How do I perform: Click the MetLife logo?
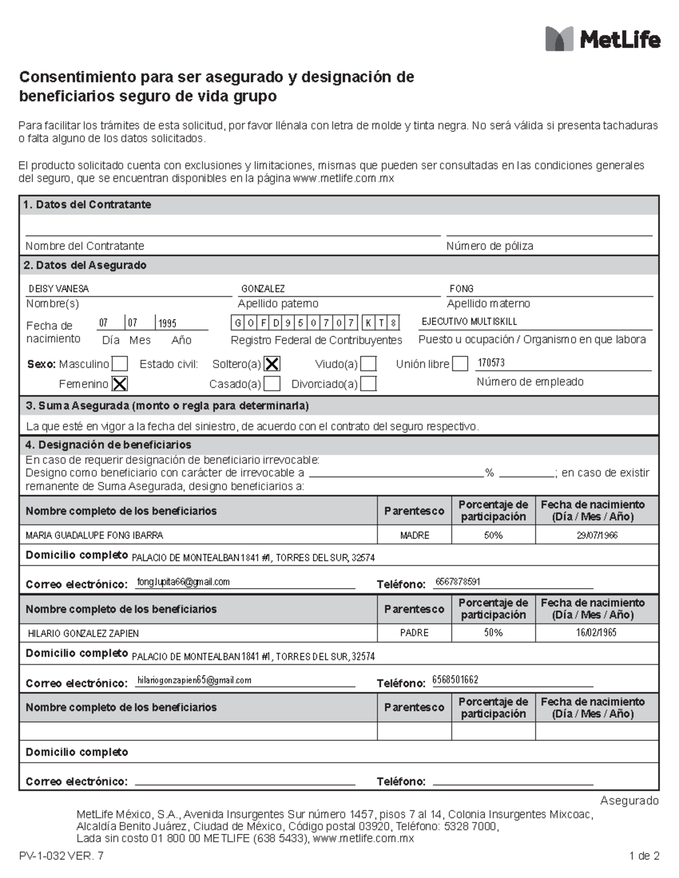coord(602,39)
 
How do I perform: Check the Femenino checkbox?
coord(119,384)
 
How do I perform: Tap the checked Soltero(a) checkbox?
coord(272,364)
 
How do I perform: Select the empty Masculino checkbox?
coord(119,364)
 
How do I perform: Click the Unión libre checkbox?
coord(460,364)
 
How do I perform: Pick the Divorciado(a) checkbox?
coord(368,384)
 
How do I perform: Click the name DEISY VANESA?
coord(59,289)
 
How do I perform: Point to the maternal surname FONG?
coord(461,289)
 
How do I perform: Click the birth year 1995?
coord(167,323)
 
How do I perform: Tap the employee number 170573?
coord(491,363)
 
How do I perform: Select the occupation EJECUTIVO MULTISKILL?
coord(469,322)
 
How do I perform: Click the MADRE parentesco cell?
coord(414,535)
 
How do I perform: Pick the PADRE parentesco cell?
coord(414,633)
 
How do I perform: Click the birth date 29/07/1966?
coord(597,535)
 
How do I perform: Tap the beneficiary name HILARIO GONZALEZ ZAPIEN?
coord(83,634)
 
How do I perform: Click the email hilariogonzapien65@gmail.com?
coord(194,681)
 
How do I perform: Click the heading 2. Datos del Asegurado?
coord(85,265)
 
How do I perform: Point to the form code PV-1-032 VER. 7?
coord(61,856)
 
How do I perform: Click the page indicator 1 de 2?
coord(644,856)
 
